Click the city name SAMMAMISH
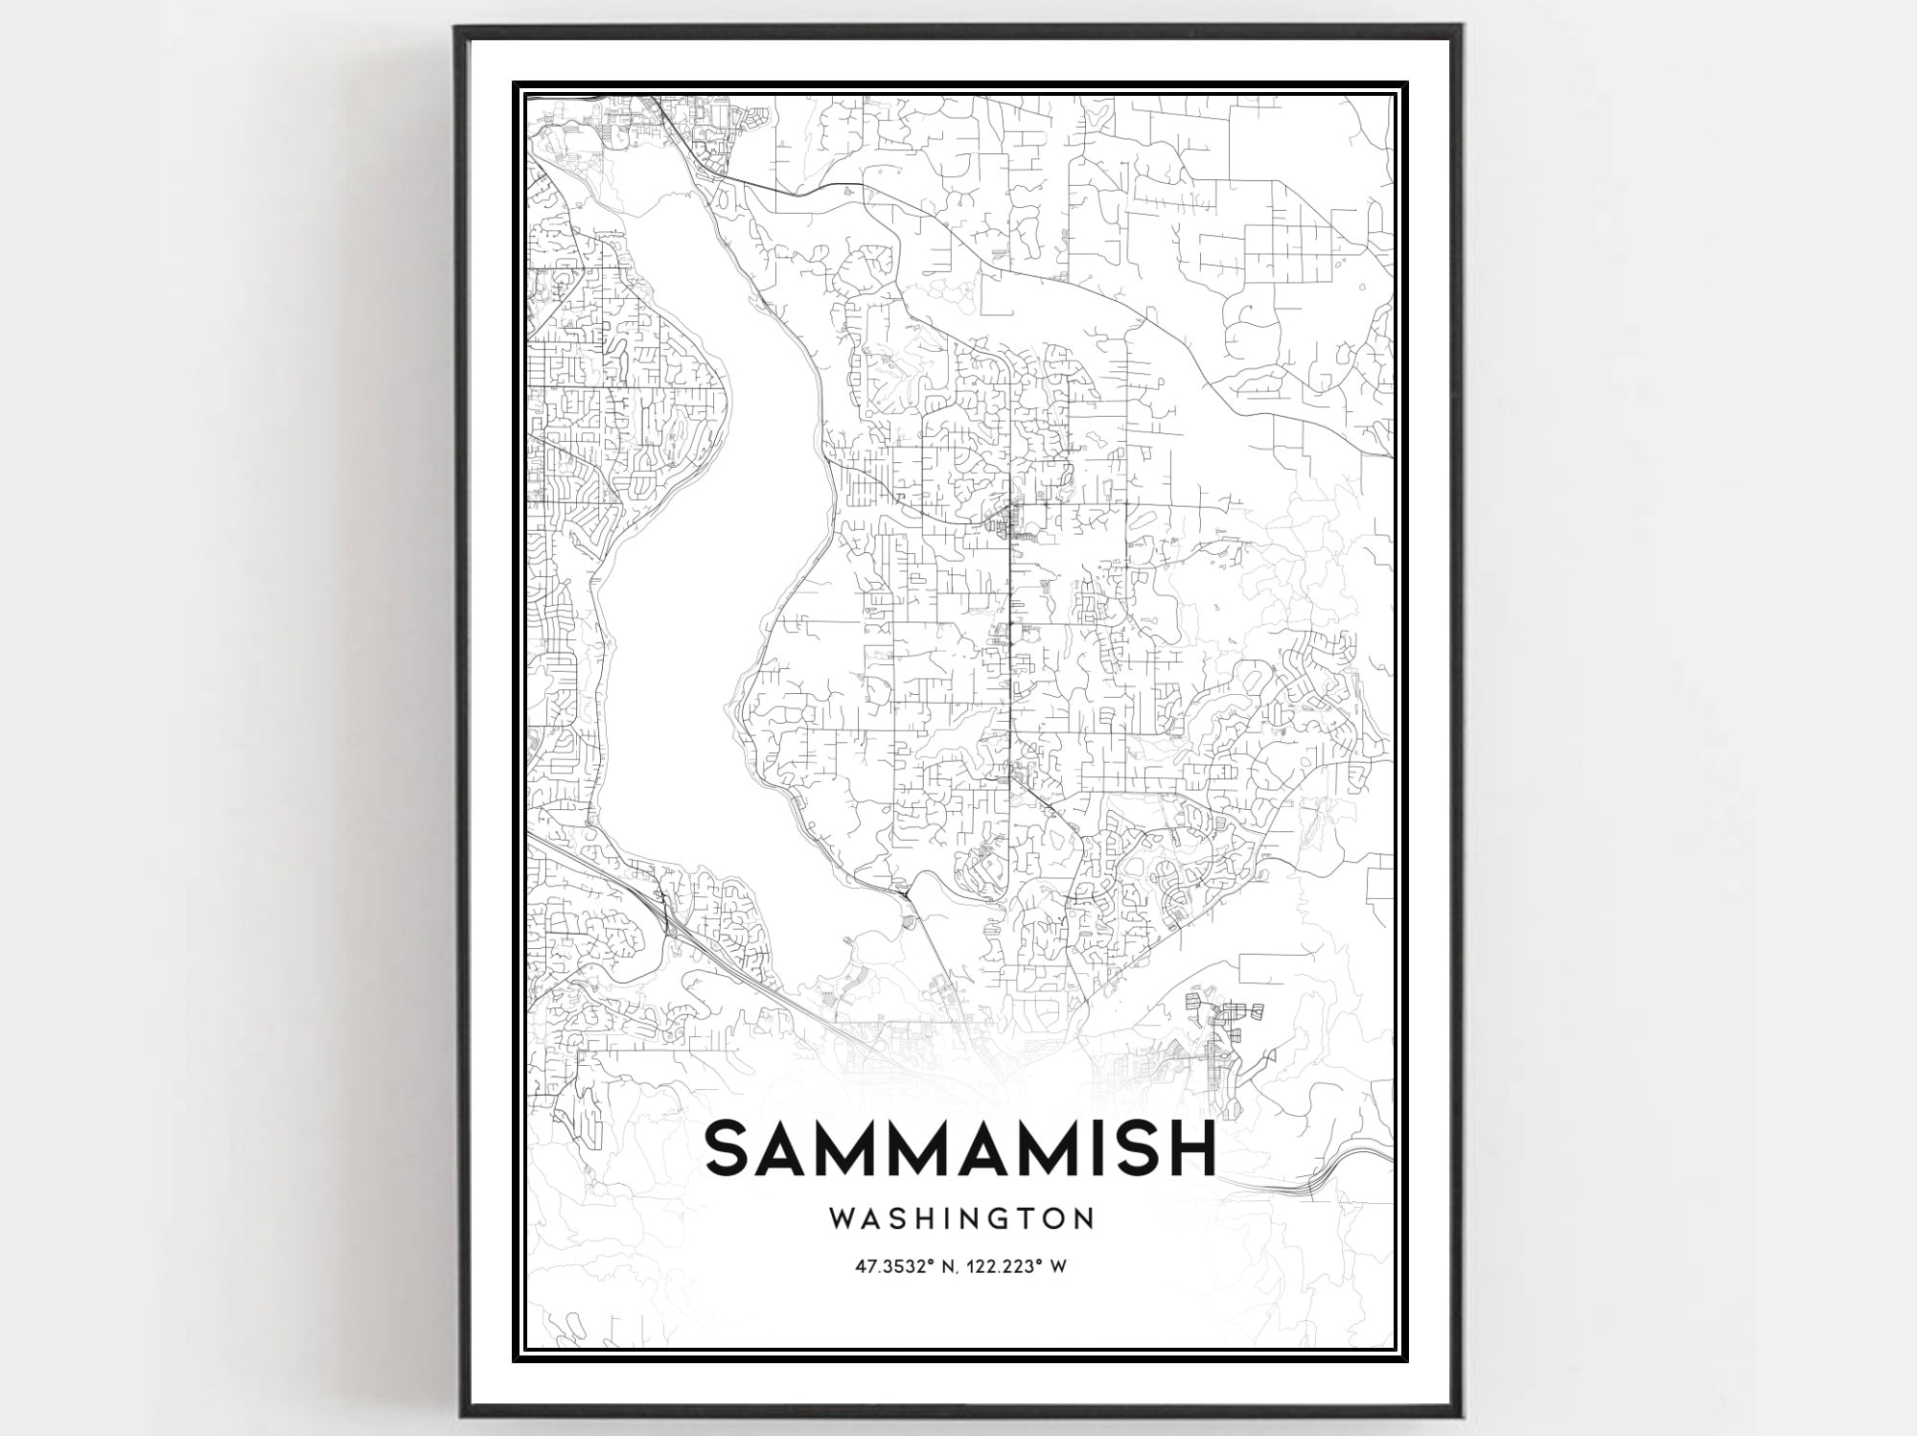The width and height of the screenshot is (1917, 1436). point(960,1148)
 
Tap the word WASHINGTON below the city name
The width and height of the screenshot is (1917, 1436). point(961,1219)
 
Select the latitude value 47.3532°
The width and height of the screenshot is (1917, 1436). point(893,1266)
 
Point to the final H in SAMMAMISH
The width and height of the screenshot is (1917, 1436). point(1189,1148)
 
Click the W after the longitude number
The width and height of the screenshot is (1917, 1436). point(1058,1266)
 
